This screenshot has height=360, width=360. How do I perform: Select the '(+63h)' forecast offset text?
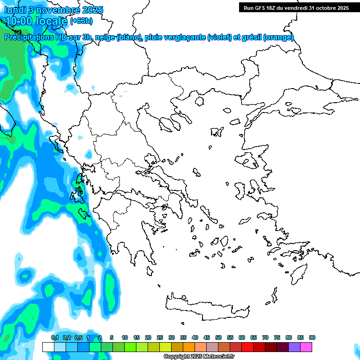tap(82, 21)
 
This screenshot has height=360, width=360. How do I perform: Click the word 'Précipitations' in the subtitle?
tap(28, 37)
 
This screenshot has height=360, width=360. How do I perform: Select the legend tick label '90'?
tap(312, 337)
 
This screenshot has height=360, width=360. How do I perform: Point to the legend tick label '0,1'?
tap(54, 337)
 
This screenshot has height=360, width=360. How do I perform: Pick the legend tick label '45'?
tap(207, 337)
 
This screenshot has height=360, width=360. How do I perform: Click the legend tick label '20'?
tap(148, 337)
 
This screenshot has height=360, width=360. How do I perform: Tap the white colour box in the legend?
tap(48, 347)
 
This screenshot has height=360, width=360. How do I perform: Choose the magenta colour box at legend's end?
tap(306, 347)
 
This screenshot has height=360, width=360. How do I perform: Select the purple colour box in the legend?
tap(294, 347)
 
